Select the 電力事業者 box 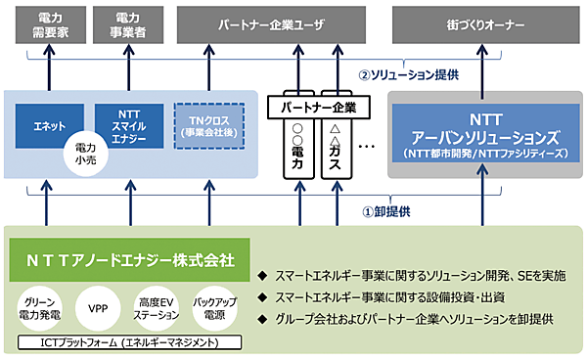tap(127, 24)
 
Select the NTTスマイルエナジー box tap(127, 124)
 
